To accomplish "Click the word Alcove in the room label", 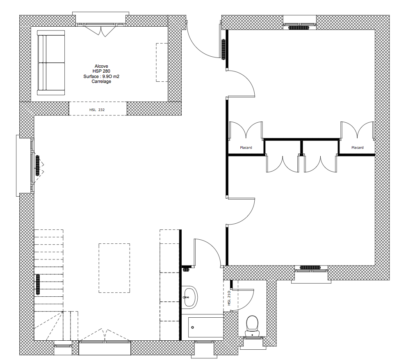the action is (x=101, y=66).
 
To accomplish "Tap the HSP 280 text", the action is (x=101, y=71).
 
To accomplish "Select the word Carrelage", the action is (x=101, y=82).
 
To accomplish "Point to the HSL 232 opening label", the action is (x=97, y=110).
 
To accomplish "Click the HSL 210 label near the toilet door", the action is (x=229, y=298).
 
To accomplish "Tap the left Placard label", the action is (x=246, y=147).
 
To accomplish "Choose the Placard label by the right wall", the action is (x=357, y=147).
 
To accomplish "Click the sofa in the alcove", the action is (x=51, y=63).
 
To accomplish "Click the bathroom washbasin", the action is (x=190, y=297).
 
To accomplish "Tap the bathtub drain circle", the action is (x=192, y=328).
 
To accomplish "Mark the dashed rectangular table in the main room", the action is (x=114, y=268).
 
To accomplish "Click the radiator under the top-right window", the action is (x=299, y=27).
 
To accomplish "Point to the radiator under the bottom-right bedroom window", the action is (x=310, y=268).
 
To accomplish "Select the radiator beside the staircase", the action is (x=38, y=284).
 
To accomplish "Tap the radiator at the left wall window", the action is (x=38, y=165).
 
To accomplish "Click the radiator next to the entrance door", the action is (x=223, y=49).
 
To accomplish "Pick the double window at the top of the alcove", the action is (x=101, y=25).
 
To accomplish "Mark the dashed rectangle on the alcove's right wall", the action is (x=162, y=62).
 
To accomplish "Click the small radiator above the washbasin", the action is (x=187, y=269).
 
